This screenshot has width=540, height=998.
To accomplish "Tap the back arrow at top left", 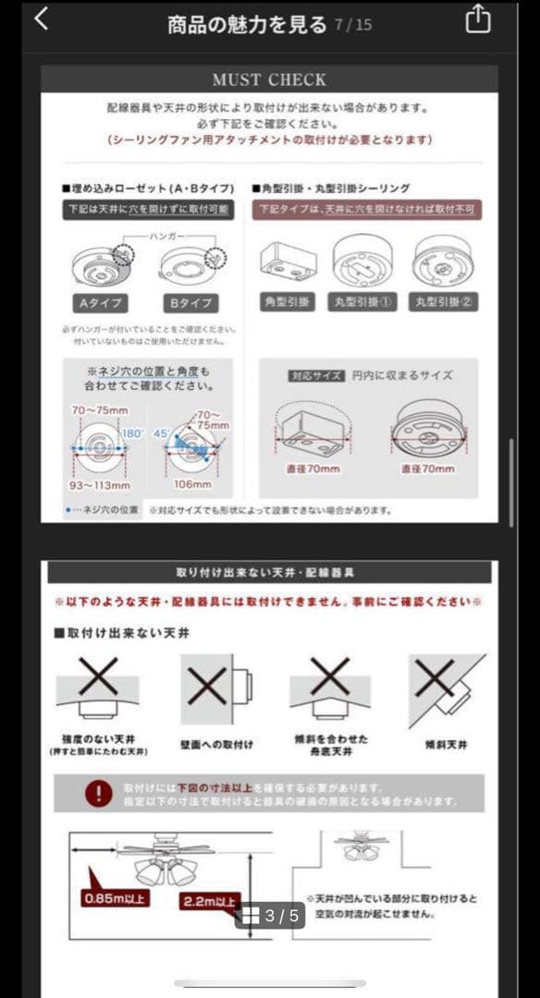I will pos(41,19).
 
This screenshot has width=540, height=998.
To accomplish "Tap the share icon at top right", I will pos(477,19).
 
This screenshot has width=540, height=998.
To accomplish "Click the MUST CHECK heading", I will pos(269,79).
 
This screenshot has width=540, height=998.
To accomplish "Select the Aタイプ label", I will pos(99,303).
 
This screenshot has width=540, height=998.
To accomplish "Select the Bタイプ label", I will pos(190,303).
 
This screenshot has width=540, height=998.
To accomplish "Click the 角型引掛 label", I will pos(288,302).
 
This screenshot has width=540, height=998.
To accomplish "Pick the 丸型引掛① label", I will pos(365,302).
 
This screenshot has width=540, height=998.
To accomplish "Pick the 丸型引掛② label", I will pos(444,302).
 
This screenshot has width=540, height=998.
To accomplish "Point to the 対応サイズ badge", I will pos(309,376).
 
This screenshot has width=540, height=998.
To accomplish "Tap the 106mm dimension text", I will pos(191,484).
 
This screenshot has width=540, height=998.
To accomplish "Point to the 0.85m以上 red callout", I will pos(114,898).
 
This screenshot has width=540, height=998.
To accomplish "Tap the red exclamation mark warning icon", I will pos(98,793).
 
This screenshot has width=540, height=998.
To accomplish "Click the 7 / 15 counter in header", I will pos(353,25).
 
